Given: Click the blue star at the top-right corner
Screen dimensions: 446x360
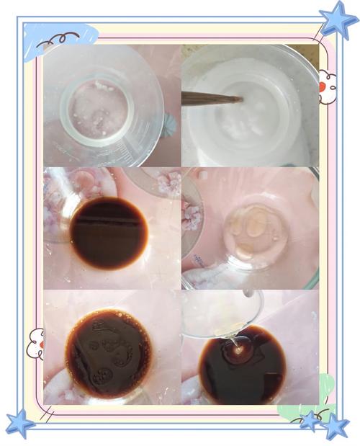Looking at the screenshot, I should (x=338, y=20).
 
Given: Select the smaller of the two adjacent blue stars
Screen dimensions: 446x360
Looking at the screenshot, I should (x=311, y=419).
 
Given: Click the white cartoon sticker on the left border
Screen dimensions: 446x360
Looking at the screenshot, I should (x=35, y=343).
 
